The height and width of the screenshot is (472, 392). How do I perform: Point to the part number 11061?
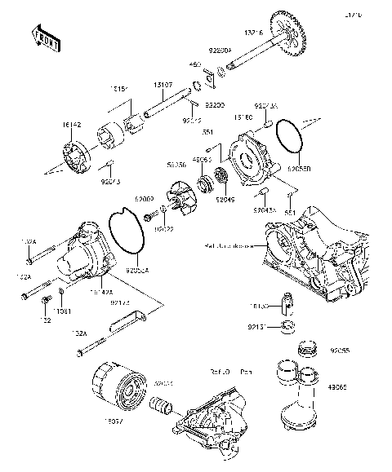click(63, 311)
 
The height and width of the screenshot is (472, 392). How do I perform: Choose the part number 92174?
click(118, 302)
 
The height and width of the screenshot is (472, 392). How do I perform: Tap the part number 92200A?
click(220, 51)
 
